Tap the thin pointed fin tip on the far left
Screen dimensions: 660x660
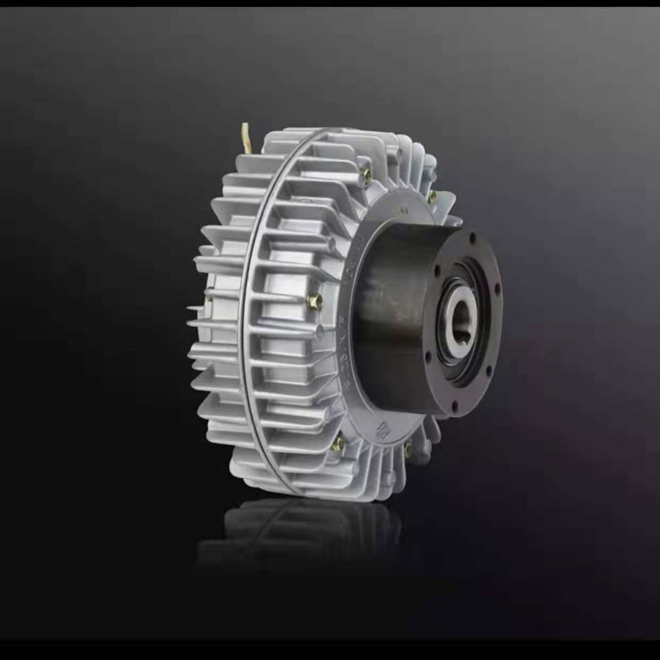(x=190, y=307)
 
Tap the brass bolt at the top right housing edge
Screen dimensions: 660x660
(x=432, y=197)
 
